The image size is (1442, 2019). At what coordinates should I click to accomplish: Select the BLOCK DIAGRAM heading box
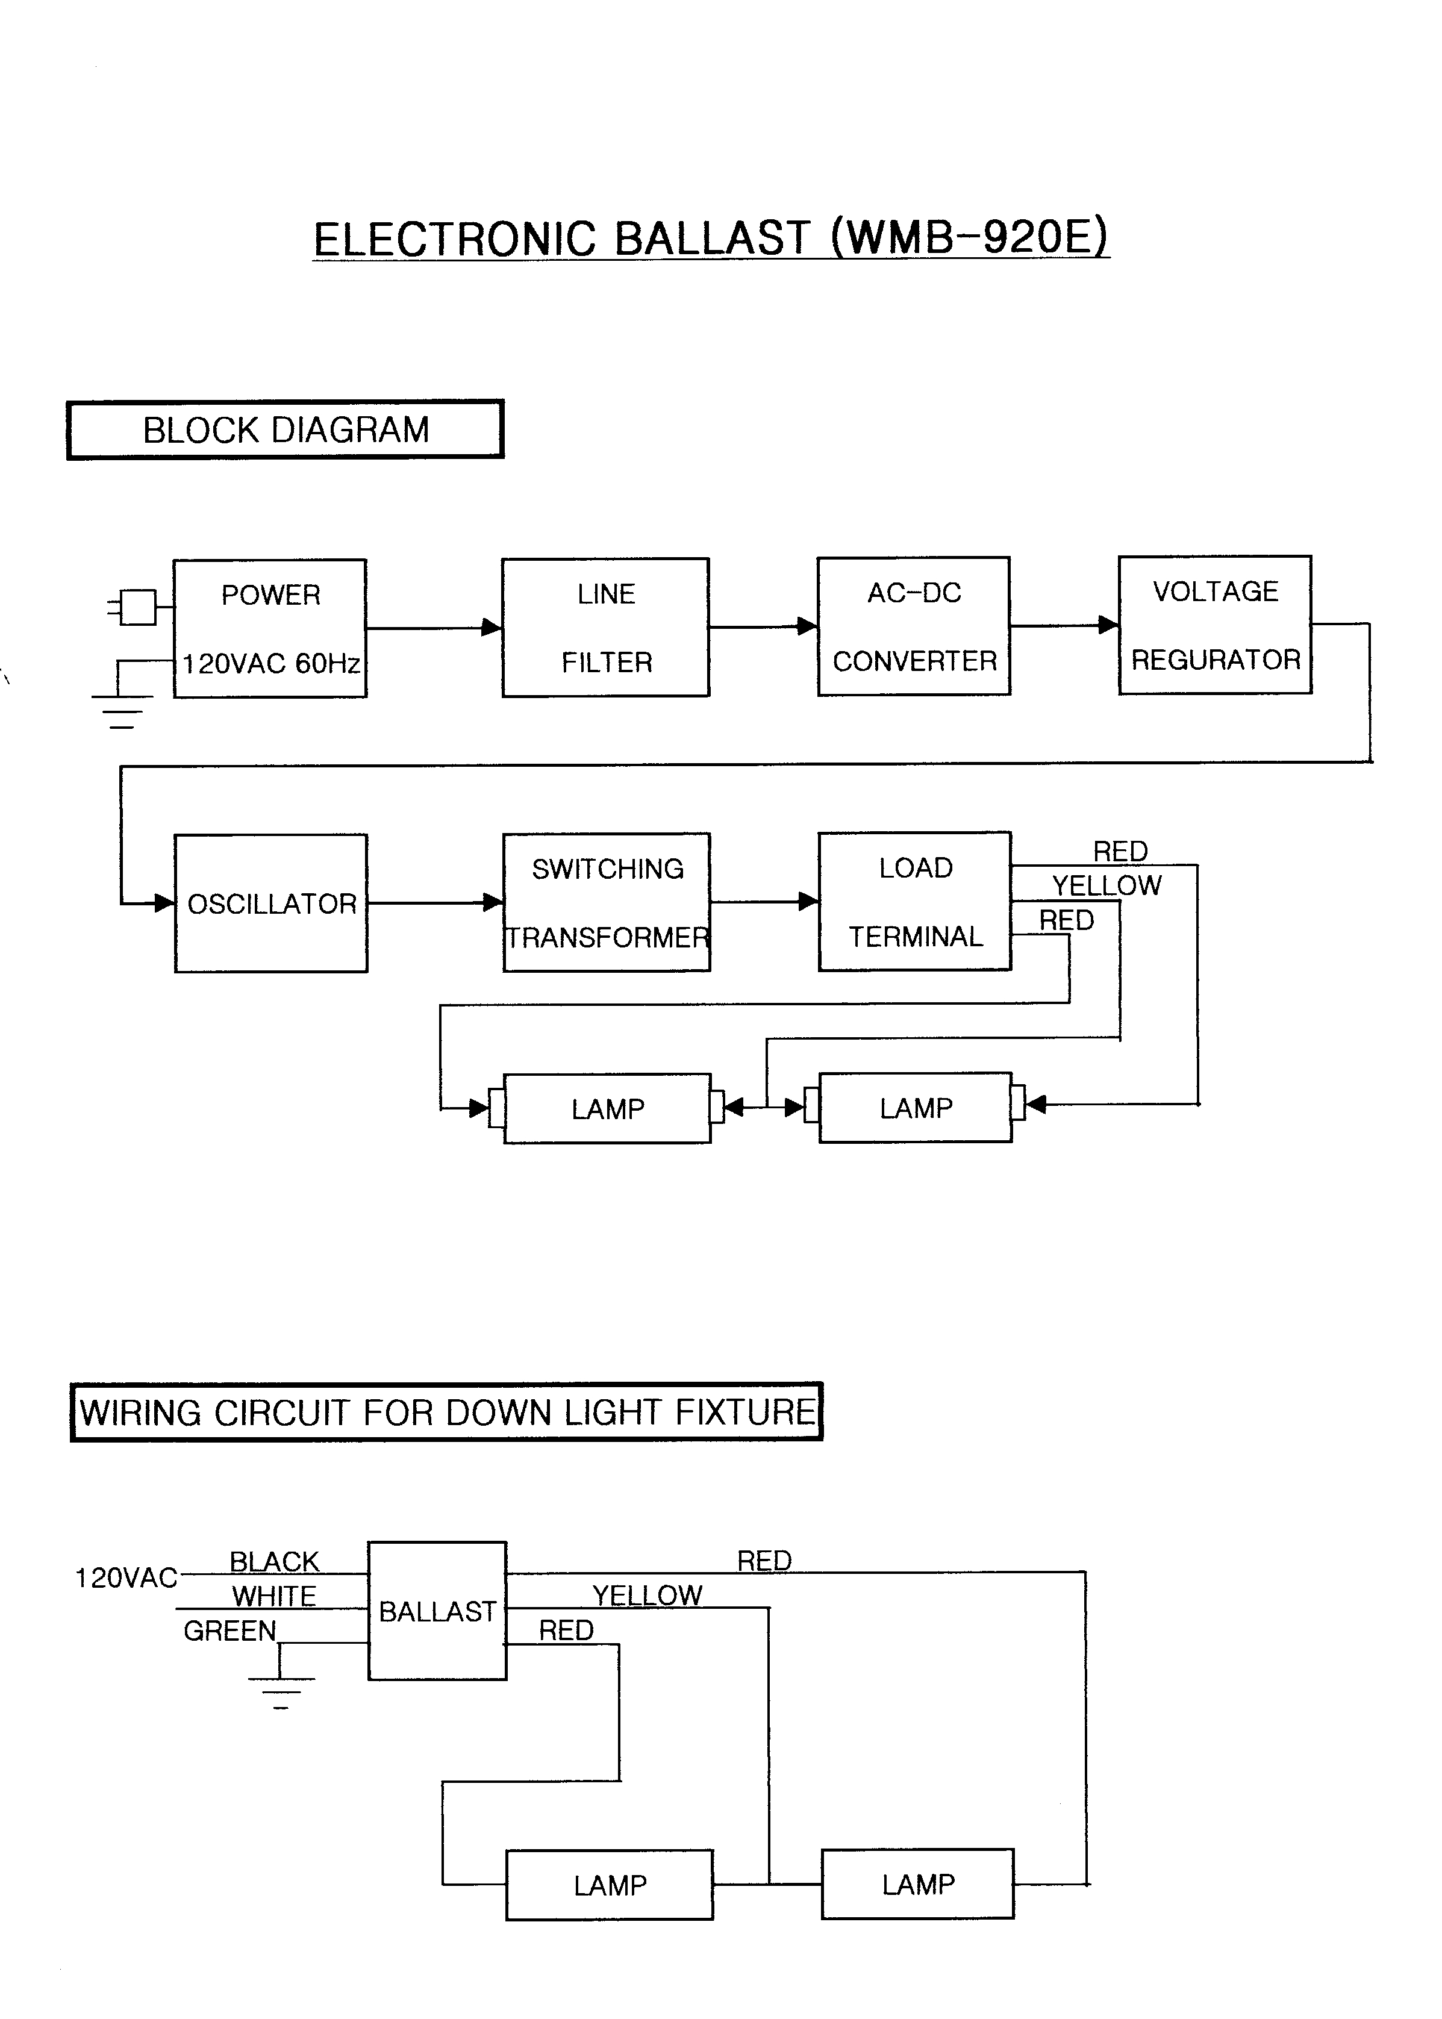pyautogui.click(x=285, y=429)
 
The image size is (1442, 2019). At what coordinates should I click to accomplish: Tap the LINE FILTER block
pyautogui.click(x=605, y=628)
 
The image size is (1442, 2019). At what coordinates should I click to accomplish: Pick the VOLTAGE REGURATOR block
pyautogui.click(x=1215, y=625)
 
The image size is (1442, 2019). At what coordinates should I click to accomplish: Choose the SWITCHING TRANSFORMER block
pyautogui.click(x=607, y=903)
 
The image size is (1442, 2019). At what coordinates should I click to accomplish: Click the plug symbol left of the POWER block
pyautogui.click(x=137, y=607)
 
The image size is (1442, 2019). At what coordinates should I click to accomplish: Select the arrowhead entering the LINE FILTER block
pyautogui.click(x=491, y=628)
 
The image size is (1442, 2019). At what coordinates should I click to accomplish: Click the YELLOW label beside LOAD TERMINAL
pyautogui.click(x=1106, y=885)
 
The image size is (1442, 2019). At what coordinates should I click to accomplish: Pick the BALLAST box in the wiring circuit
pyautogui.click(x=437, y=1611)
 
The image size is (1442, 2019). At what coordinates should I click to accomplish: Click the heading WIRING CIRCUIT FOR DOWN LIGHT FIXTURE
pyautogui.click(x=446, y=1412)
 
